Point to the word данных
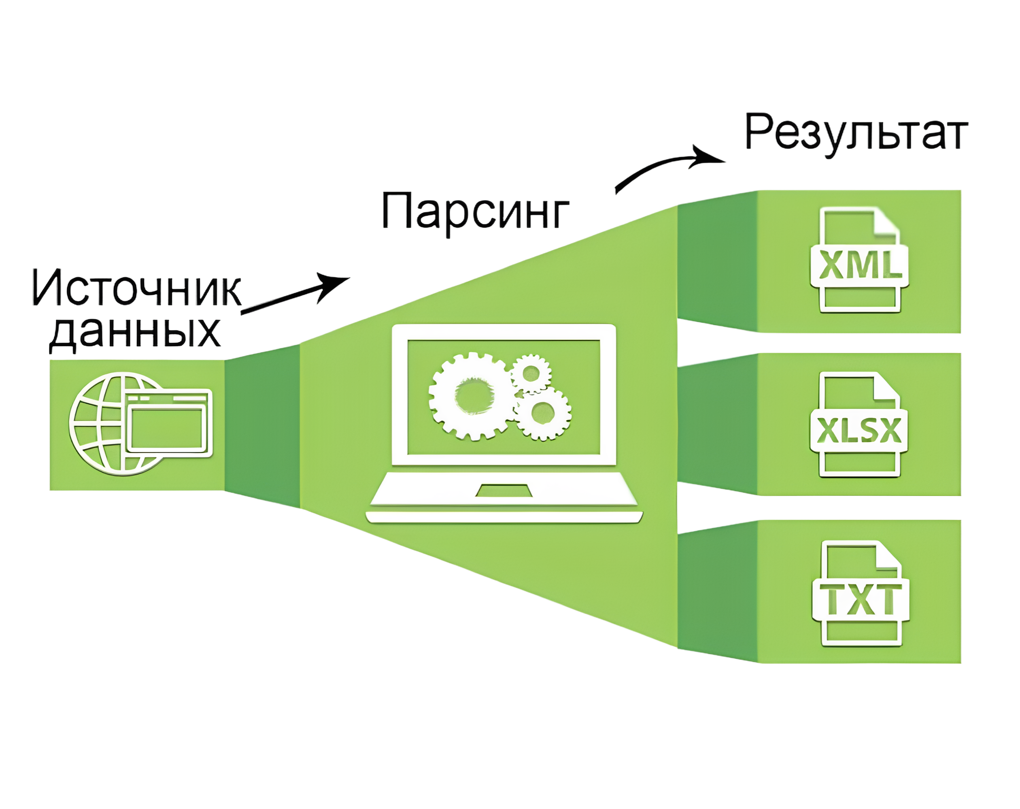click(135, 332)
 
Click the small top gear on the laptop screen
click(531, 374)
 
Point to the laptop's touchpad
click(504, 491)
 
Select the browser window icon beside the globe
click(169, 422)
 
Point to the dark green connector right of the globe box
click(262, 425)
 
